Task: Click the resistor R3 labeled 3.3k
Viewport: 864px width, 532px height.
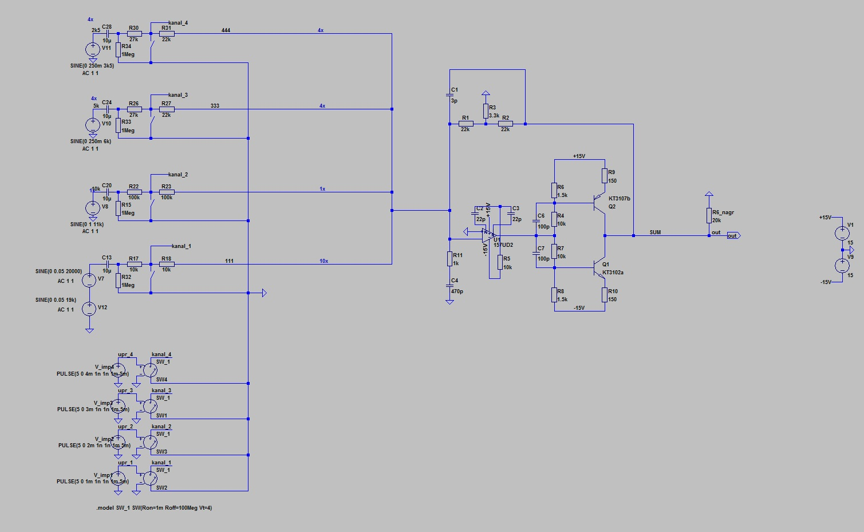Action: pyautogui.click(x=486, y=111)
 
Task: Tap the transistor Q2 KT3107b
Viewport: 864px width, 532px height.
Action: pyautogui.click(x=599, y=202)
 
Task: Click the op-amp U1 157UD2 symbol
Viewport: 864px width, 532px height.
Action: pyautogui.click(x=487, y=232)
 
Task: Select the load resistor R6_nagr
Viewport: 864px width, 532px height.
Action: pyautogui.click(x=709, y=216)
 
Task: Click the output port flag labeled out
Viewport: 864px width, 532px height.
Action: pyautogui.click(x=733, y=235)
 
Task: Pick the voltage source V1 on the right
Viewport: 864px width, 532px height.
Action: pyautogui.click(x=842, y=232)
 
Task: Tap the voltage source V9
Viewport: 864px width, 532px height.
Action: pyautogui.click(x=842, y=266)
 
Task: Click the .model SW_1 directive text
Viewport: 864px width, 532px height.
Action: pyautogui.click(x=154, y=508)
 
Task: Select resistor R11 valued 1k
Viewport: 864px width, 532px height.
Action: pyautogui.click(x=449, y=259)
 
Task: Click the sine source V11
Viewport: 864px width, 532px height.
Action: pyautogui.click(x=93, y=49)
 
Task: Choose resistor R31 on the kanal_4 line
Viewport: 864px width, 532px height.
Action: pyautogui.click(x=167, y=33)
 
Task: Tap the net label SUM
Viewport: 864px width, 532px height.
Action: pyautogui.click(x=655, y=232)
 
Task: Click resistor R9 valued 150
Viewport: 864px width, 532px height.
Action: pyautogui.click(x=605, y=176)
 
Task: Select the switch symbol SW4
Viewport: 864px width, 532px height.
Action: pyautogui.click(x=150, y=370)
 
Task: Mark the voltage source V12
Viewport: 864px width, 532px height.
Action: pyautogui.click(x=89, y=309)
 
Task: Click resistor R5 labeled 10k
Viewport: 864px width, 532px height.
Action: pyautogui.click(x=500, y=262)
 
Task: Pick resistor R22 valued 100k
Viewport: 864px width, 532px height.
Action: pyautogui.click(x=134, y=192)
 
